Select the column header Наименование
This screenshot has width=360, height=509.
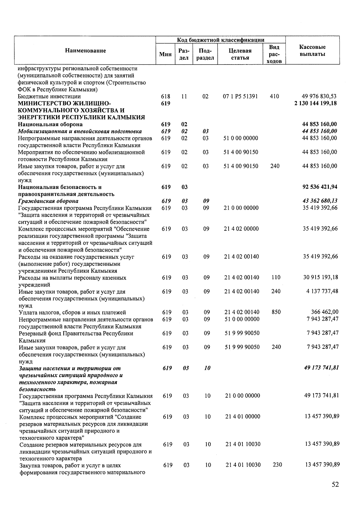pyautogui.click(x=85, y=50)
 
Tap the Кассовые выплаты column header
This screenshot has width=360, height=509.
pyautogui.click(x=312, y=50)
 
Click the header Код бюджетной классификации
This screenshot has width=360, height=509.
pyautogui.click(x=220, y=40)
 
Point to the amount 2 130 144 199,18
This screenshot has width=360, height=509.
pyautogui.click(x=316, y=103)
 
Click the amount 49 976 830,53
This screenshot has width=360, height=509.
pyautogui.click(x=319, y=96)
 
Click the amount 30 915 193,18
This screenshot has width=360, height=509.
pyautogui.click(x=320, y=277)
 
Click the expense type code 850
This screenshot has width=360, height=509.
pyautogui.click(x=276, y=312)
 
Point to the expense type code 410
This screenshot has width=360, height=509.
pyautogui.click(x=274, y=96)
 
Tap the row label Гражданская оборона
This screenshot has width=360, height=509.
pyautogui.click(x=48, y=201)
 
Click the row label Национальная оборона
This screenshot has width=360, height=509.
pyautogui.click(x=50, y=124)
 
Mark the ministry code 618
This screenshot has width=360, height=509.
pyautogui.click(x=166, y=96)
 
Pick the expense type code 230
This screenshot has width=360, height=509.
pyautogui.click(x=277, y=465)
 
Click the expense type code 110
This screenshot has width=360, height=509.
pyautogui.click(x=276, y=277)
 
